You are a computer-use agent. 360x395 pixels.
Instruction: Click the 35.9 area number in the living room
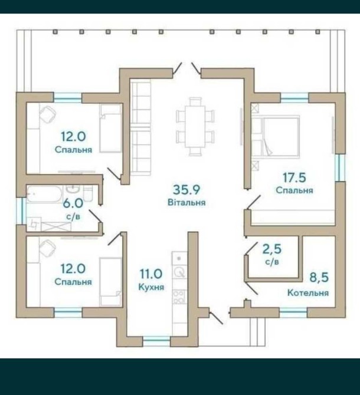[186, 189]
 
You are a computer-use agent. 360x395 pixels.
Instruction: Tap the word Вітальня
[186, 202]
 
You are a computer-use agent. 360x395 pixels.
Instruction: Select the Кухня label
[151, 287]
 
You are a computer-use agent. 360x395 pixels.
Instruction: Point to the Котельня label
[308, 293]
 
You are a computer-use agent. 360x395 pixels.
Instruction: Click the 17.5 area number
[294, 177]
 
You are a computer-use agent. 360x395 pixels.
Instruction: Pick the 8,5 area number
[319, 278]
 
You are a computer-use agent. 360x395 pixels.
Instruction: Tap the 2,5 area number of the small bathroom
[272, 249]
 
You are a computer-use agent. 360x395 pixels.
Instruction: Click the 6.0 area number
[73, 203]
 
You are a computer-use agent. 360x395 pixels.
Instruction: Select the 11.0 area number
[151, 274]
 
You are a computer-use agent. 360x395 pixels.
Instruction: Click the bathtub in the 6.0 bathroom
[44, 195]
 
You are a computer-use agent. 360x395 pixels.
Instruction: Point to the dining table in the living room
[195, 126]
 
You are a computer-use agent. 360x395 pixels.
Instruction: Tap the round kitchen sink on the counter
[179, 272]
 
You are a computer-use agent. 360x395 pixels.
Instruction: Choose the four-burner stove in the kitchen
[179, 297]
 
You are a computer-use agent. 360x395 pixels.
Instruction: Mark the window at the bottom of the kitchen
[156, 341]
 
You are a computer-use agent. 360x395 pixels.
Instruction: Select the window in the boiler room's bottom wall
[293, 312]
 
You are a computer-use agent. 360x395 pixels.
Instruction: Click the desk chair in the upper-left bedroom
[48, 114]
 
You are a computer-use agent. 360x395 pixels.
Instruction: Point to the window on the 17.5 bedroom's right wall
[341, 167]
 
